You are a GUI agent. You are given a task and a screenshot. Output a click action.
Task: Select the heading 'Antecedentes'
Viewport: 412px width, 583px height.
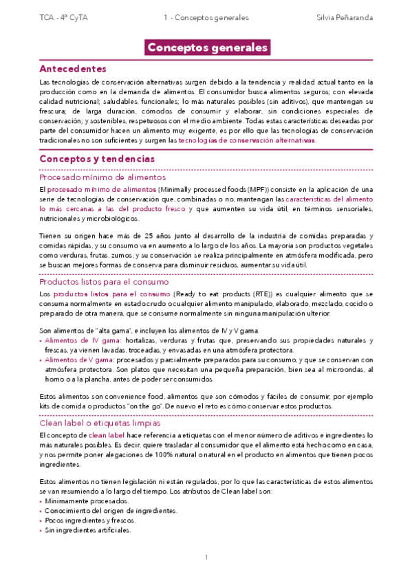72,69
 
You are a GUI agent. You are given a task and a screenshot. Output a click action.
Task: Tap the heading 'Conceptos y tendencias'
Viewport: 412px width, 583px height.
97,159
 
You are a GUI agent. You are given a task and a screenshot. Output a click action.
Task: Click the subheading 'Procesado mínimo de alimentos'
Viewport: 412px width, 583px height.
102,177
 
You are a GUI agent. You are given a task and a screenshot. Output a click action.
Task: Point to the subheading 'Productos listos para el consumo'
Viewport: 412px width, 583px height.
105,282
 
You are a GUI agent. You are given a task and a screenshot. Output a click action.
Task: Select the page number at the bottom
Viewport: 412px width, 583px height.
206,557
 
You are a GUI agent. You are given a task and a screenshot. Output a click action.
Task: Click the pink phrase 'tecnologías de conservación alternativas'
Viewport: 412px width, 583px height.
247,140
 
